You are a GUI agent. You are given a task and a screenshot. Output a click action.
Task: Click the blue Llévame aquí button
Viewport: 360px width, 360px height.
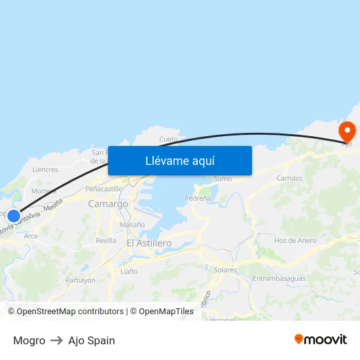click(180, 160)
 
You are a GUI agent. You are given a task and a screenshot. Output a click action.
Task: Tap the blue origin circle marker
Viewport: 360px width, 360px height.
click(13, 215)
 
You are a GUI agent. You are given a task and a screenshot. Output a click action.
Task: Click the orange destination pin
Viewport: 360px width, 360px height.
click(346, 132)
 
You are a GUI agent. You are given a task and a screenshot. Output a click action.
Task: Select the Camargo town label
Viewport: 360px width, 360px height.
click(108, 204)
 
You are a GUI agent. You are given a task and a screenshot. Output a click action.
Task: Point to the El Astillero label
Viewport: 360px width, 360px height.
click(149, 243)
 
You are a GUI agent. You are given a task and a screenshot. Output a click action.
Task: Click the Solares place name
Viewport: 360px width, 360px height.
click(225, 270)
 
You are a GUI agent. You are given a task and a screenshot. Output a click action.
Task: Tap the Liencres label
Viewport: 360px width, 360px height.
click(45, 170)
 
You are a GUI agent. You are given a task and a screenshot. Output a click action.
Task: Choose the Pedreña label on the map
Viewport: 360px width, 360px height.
click(198, 198)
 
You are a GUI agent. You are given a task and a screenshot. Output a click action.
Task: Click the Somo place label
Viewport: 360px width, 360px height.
click(223, 179)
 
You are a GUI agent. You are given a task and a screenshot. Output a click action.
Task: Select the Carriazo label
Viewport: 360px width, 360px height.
click(289, 178)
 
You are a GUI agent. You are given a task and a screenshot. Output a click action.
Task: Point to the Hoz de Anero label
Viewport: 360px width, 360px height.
click(295, 240)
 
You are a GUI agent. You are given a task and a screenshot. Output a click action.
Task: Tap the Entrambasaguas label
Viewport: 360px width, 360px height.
click(279, 278)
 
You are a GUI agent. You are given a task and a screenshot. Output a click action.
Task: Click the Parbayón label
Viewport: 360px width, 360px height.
click(81, 280)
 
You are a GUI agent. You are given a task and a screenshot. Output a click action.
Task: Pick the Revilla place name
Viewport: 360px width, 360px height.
click(106, 240)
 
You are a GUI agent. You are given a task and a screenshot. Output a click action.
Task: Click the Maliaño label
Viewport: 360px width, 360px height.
click(132, 225)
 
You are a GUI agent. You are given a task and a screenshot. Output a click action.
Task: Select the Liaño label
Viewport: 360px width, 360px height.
click(129, 271)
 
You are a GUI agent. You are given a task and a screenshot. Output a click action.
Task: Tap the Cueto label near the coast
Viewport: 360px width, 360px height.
click(169, 139)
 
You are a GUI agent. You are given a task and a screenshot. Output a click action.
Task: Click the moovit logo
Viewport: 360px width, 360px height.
click(321, 339)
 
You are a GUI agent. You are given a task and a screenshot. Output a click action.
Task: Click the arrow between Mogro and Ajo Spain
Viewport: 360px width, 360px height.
click(57, 340)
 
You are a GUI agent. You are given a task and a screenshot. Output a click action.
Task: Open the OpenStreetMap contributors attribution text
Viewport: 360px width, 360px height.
click(70, 312)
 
